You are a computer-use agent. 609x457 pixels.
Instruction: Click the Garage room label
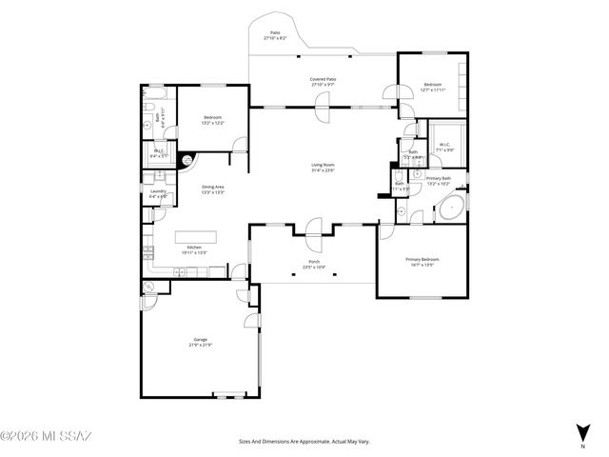pyautogui.click(x=200, y=339)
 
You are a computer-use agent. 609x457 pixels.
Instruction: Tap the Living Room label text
pyautogui.click(x=323, y=165)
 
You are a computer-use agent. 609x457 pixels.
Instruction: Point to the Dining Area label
pyautogui.click(x=212, y=187)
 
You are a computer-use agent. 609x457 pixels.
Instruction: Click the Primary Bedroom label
pyautogui.click(x=422, y=259)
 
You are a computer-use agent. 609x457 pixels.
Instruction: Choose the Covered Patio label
pyautogui.click(x=323, y=79)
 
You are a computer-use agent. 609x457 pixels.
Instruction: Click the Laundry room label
pyautogui.click(x=158, y=191)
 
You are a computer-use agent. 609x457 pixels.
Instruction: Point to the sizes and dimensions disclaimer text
pyautogui.click(x=304, y=442)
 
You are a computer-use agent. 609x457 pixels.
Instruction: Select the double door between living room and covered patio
pyautogui.click(x=322, y=107)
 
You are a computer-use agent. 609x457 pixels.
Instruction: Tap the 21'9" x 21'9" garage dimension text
pyautogui.click(x=200, y=345)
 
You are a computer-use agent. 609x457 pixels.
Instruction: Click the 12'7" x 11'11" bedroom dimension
pyautogui.click(x=432, y=90)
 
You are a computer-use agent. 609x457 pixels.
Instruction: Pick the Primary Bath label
pyautogui.click(x=439, y=179)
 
